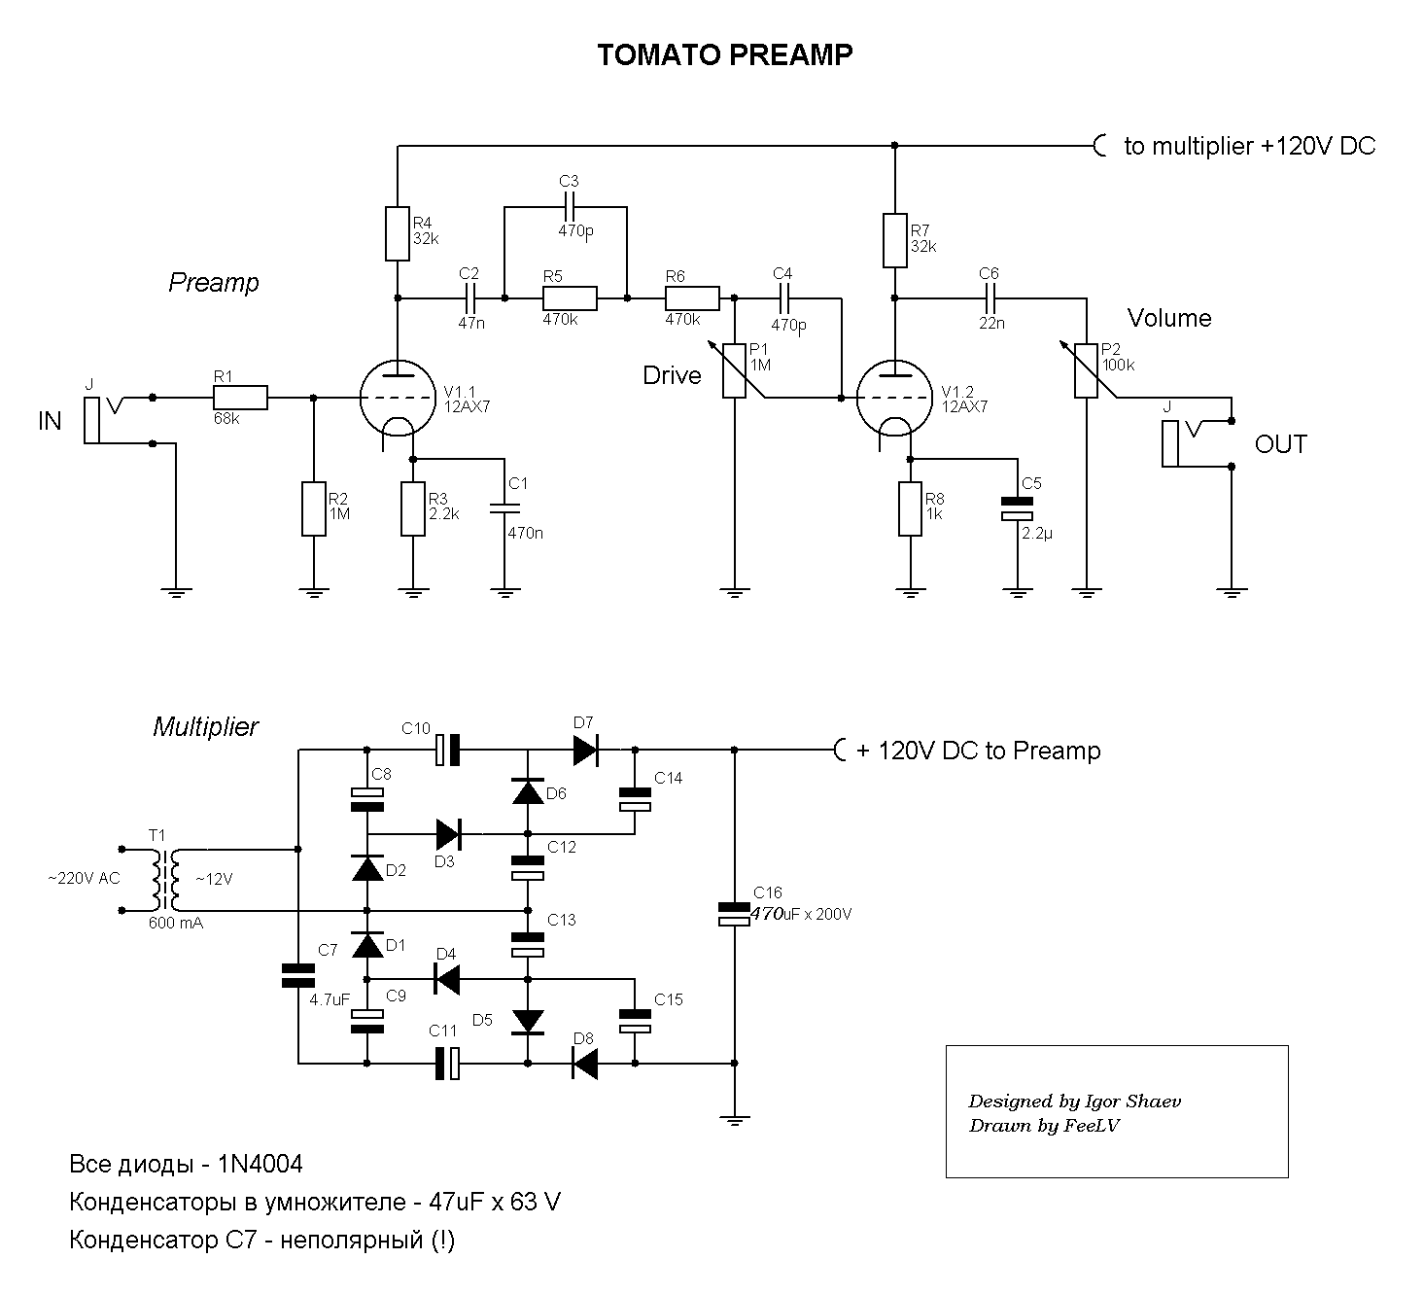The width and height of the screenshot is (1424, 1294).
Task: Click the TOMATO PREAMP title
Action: [x=724, y=55]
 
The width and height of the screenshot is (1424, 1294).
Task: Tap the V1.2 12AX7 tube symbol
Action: [x=893, y=398]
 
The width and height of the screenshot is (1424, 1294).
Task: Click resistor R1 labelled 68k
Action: [x=240, y=397]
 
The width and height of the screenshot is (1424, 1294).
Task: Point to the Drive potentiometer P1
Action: [x=734, y=370]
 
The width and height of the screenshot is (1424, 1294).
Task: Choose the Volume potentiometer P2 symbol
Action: [x=1086, y=370]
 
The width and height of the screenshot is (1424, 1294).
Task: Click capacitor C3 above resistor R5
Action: [x=569, y=206]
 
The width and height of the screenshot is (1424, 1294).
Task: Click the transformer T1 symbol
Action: [x=164, y=879]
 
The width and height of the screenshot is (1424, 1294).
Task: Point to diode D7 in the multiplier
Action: [x=585, y=750]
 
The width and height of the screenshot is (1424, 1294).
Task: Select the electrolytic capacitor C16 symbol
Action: [x=734, y=914]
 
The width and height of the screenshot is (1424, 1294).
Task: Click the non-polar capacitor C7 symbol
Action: [x=297, y=976]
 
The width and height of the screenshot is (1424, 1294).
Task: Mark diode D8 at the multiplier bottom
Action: [x=585, y=1065]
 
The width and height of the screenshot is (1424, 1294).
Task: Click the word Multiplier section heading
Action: [x=206, y=727]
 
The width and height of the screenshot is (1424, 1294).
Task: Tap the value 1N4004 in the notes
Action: [x=260, y=1164]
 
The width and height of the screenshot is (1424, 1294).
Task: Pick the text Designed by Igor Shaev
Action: [x=1074, y=1102]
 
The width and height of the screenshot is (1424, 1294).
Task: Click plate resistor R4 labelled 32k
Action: [x=398, y=233]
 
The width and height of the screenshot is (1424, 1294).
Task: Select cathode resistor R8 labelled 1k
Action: [x=910, y=508]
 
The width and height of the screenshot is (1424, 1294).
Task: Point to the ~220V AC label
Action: [x=84, y=879]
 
